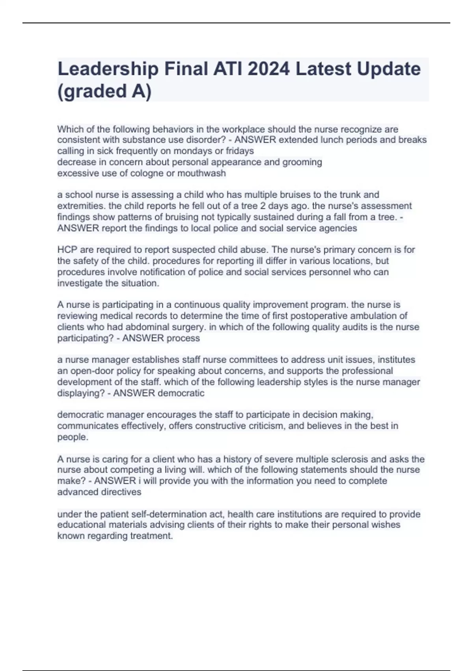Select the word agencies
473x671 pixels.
point(340,228)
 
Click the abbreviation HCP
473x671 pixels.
point(67,250)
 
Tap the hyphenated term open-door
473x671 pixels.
point(93,371)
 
